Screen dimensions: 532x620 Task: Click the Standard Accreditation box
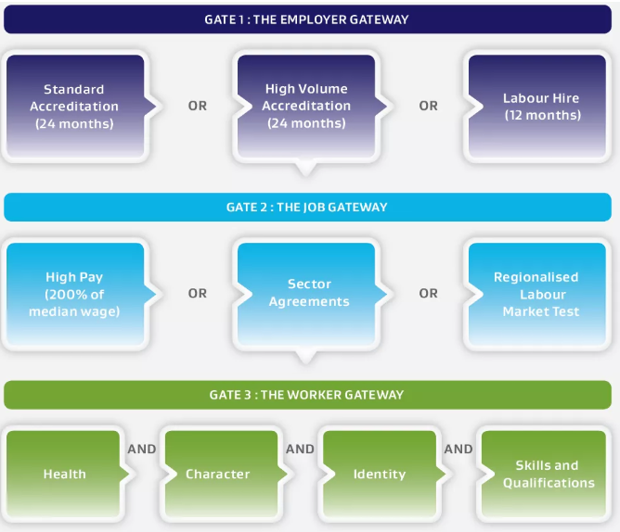click(74, 106)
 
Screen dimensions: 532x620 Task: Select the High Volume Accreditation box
click(306, 106)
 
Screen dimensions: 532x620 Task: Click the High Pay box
click(74, 294)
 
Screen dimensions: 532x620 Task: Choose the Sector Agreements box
click(306, 293)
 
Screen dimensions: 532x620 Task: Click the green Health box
click(64, 474)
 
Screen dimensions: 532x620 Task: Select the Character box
click(218, 474)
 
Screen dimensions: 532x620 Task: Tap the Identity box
click(379, 474)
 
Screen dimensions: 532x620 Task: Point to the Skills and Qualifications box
click(547, 474)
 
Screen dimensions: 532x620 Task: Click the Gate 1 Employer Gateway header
click(306, 19)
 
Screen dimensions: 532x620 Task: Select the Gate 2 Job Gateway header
click(306, 208)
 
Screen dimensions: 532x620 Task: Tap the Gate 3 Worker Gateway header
click(306, 395)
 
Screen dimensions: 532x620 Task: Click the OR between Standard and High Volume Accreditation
click(198, 106)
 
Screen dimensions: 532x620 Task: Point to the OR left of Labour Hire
click(428, 106)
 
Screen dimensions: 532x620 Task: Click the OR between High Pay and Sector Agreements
click(198, 294)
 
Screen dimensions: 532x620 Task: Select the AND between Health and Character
click(141, 450)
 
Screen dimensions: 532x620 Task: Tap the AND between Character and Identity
click(300, 450)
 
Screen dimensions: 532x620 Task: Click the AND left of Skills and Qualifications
click(459, 450)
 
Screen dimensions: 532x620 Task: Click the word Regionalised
click(536, 277)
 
